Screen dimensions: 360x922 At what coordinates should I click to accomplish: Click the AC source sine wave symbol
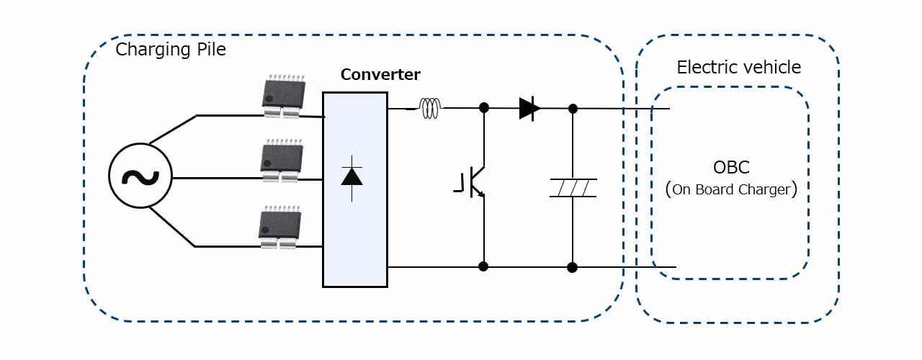click(140, 177)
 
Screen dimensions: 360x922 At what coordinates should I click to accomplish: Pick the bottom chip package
click(279, 229)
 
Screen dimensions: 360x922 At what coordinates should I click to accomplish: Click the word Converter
click(380, 74)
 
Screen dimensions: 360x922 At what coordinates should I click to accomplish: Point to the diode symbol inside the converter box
click(352, 175)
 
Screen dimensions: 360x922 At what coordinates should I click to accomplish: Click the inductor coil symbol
click(430, 109)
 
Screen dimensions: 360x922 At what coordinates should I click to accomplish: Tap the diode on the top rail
click(529, 109)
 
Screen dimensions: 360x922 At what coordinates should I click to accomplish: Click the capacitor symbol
click(572, 187)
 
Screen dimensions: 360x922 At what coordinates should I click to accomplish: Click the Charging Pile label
click(171, 50)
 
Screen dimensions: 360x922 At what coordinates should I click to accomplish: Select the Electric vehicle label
click(738, 68)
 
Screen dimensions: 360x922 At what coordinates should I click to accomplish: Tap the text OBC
click(731, 167)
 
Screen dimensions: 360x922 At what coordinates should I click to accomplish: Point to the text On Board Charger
click(731, 190)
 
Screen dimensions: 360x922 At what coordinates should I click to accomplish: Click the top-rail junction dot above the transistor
click(484, 108)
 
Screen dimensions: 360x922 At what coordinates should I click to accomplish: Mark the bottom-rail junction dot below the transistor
click(483, 266)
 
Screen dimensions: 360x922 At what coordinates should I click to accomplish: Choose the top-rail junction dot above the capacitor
click(573, 109)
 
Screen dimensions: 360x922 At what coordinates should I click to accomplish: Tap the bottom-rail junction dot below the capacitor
click(572, 268)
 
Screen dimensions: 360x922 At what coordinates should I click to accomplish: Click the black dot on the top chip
click(269, 97)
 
